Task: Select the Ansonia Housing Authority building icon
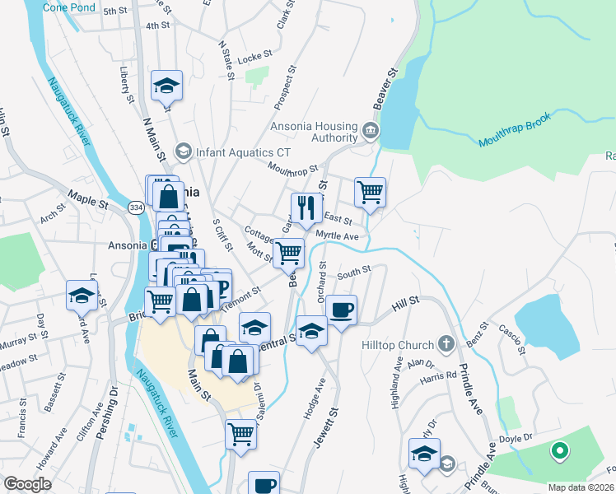pos(370,130)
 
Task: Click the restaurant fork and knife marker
pos(306,207)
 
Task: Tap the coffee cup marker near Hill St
pos(341,310)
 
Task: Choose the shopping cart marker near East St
pos(371,193)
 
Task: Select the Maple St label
pos(88,198)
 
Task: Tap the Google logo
pos(27,484)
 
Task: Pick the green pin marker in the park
pos(560,451)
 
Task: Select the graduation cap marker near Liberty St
pos(166,85)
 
